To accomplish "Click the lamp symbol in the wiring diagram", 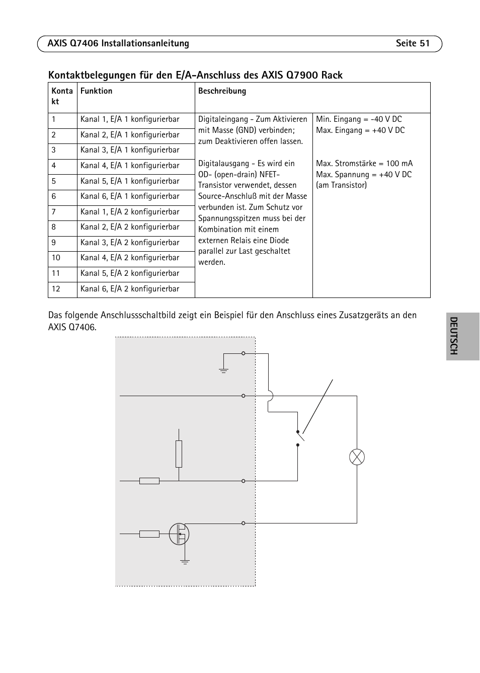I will [x=357, y=457].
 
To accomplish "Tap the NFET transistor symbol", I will [x=179, y=534].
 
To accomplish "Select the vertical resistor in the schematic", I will [x=179, y=454].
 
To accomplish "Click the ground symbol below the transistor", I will [x=185, y=561].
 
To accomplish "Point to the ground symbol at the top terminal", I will [x=223, y=371].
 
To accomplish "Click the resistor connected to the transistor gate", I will [x=149, y=534].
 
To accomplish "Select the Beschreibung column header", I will [x=222, y=91].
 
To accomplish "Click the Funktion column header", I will [x=96, y=91].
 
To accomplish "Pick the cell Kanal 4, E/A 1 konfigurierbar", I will [x=130, y=166].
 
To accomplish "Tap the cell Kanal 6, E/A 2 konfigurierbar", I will [x=130, y=289].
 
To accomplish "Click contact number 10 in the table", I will [x=56, y=258].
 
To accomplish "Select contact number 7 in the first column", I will [x=54, y=212].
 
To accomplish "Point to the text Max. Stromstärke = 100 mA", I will [x=364, y=164].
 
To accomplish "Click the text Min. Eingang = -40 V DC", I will [x=359, y=119].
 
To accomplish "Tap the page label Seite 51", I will [x=413, y=43].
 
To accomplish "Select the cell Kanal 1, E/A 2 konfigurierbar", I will [x=130, y=212].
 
